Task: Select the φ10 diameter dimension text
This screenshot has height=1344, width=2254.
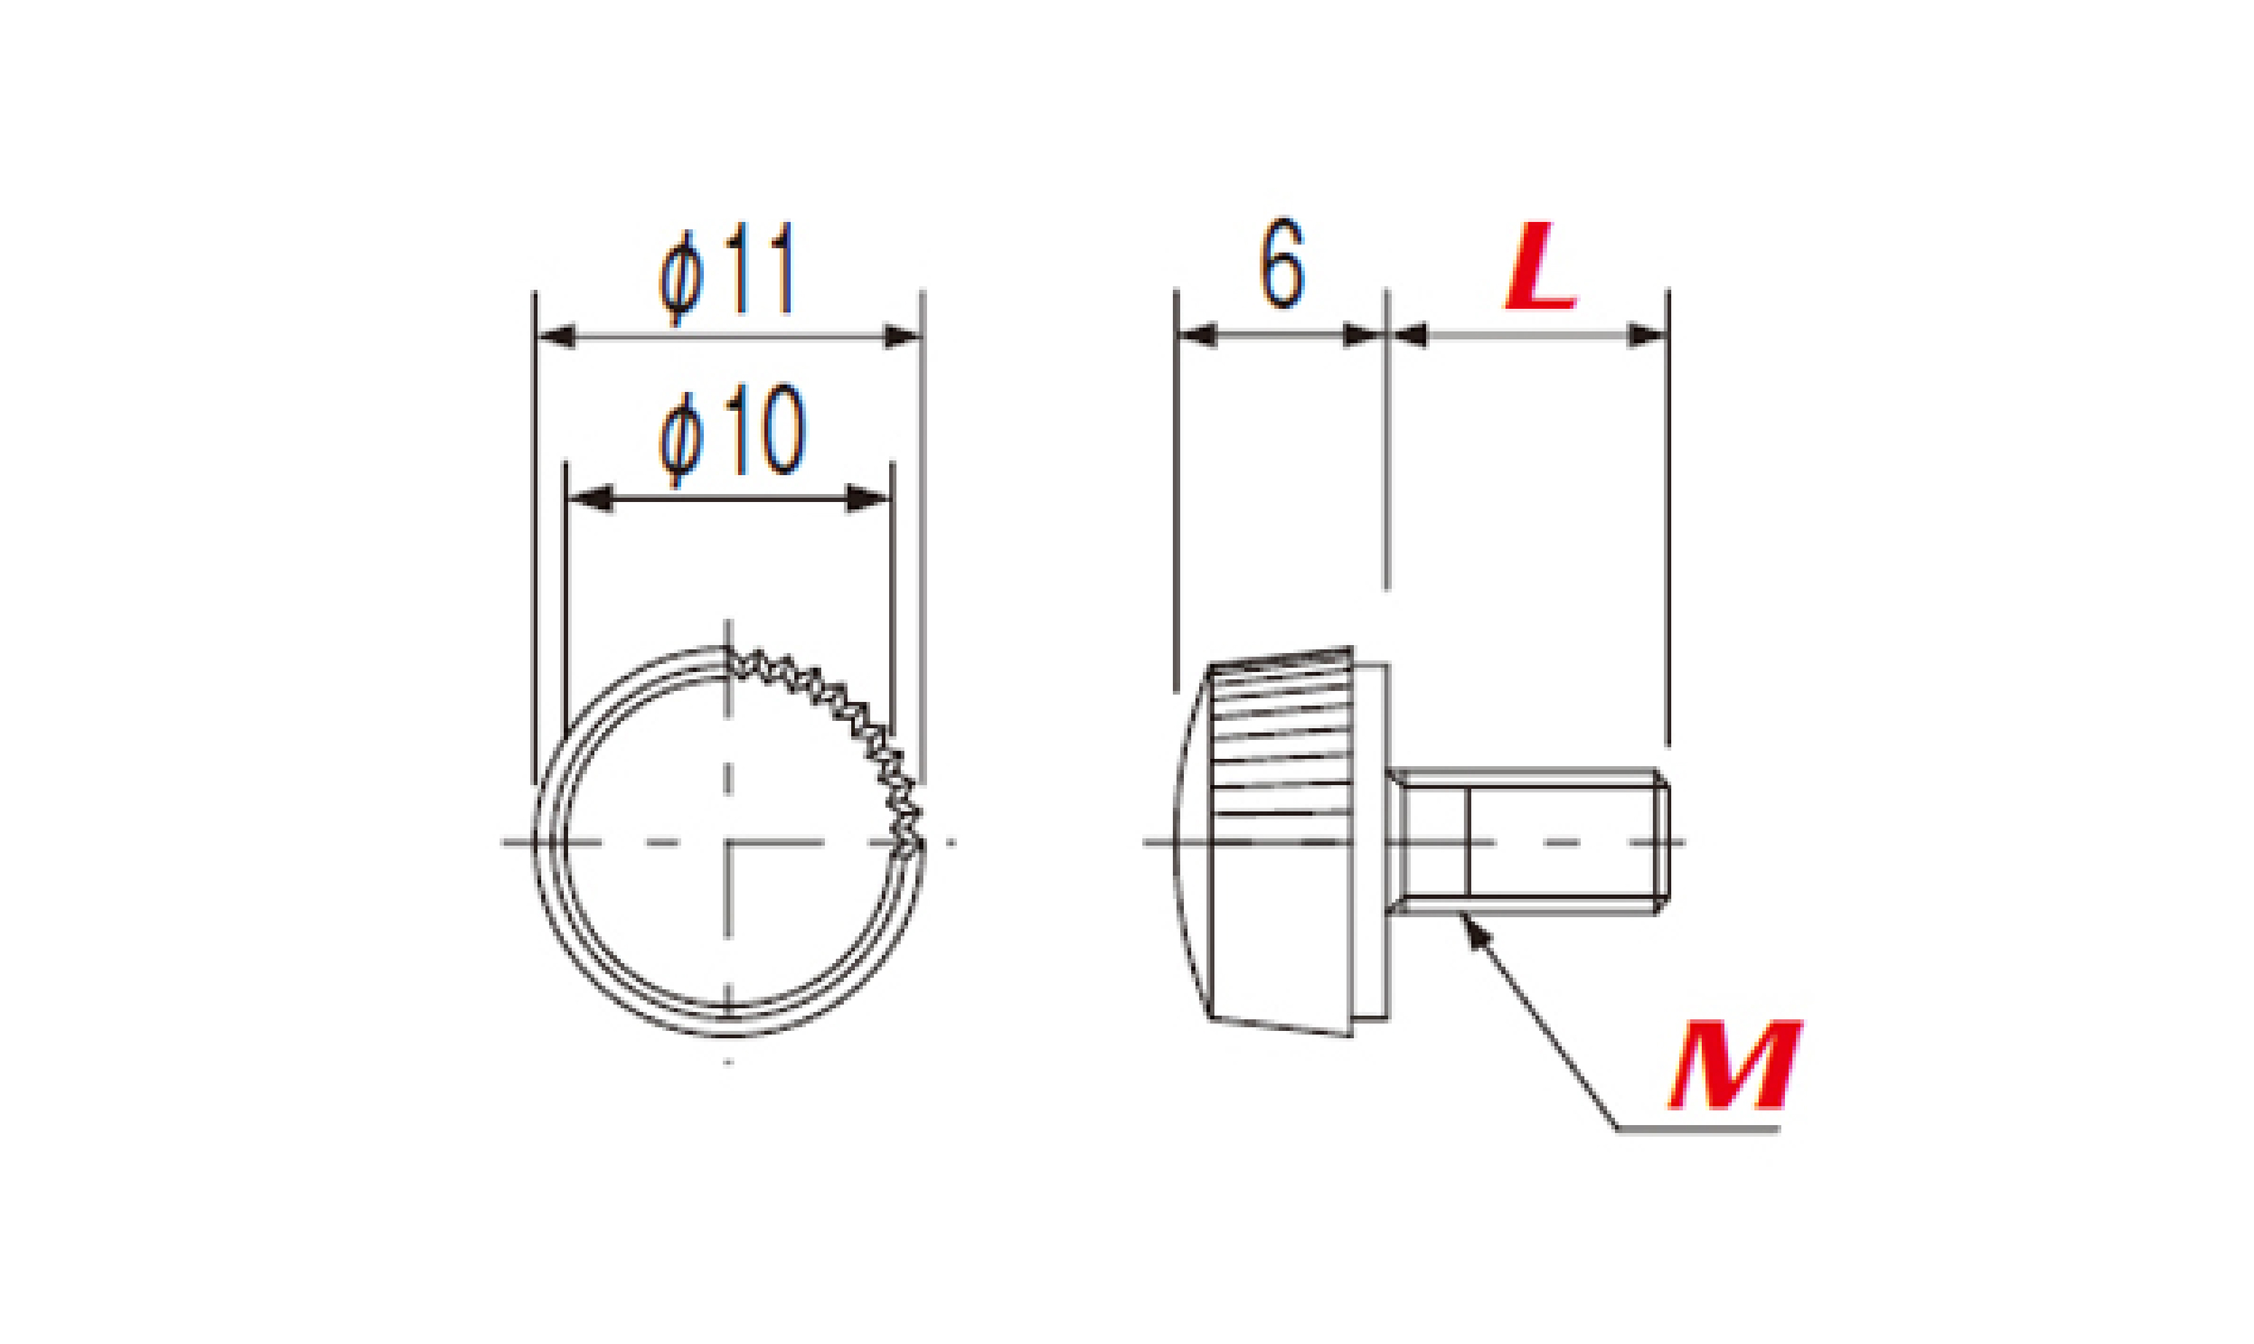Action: tap(732, 432)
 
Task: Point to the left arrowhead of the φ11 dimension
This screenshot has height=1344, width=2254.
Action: tap(555, 337)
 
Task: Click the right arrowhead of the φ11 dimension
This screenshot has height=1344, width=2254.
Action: tap(903, 337)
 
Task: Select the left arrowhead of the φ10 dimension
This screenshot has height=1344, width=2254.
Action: tap(589, 499)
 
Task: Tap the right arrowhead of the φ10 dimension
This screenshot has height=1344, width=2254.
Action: tap(868, 499)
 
